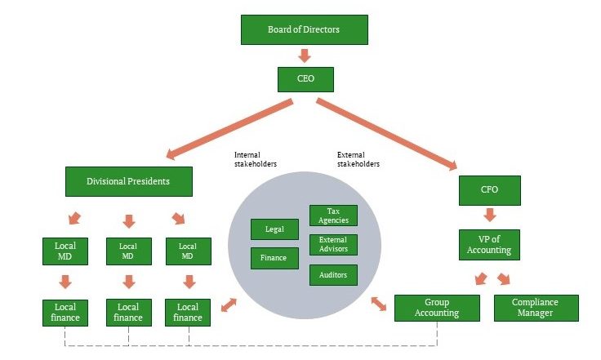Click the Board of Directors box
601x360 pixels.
tap(304, 30)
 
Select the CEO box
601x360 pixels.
tap(304, 79)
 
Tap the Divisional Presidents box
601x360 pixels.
tap(128, 181)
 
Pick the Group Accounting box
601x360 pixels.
tap(438, 307)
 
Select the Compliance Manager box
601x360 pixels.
tap(536, 307)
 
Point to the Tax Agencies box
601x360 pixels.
tap(333, 216)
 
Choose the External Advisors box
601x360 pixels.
tap(333, 245)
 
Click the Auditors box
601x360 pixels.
tap(333, 275)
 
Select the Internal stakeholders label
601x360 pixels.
tap(255, 158)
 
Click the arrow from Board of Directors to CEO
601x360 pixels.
tap(304, 56)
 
